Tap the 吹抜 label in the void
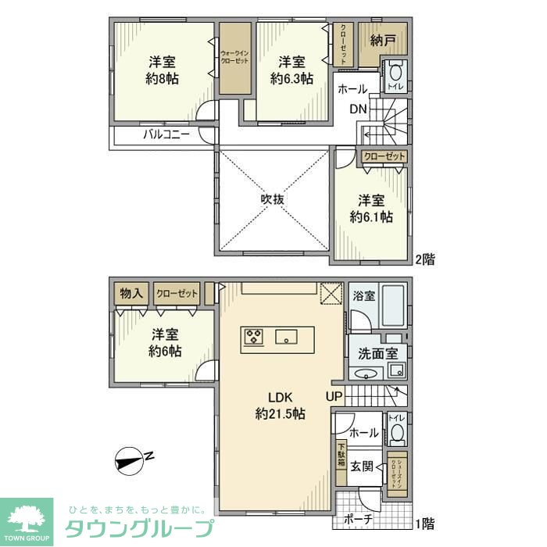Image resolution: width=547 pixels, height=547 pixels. click(272, 199)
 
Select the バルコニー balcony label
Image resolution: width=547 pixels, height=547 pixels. click(166, 134)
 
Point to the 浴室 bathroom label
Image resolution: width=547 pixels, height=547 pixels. click(363, 297)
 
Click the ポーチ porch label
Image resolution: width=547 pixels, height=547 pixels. click(358, 518)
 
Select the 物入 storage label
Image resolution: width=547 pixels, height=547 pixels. click(130, 294)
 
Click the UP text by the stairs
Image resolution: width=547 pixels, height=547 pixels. click(334, 396)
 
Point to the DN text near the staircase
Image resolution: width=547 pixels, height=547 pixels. click(357, 109)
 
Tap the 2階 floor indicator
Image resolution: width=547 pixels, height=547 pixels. click(424, 258)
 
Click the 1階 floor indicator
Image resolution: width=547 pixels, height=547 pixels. click(424, 523)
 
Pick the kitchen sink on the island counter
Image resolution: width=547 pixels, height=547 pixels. click(287, 338)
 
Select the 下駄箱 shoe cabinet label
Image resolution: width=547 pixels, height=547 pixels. click(341, 456)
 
